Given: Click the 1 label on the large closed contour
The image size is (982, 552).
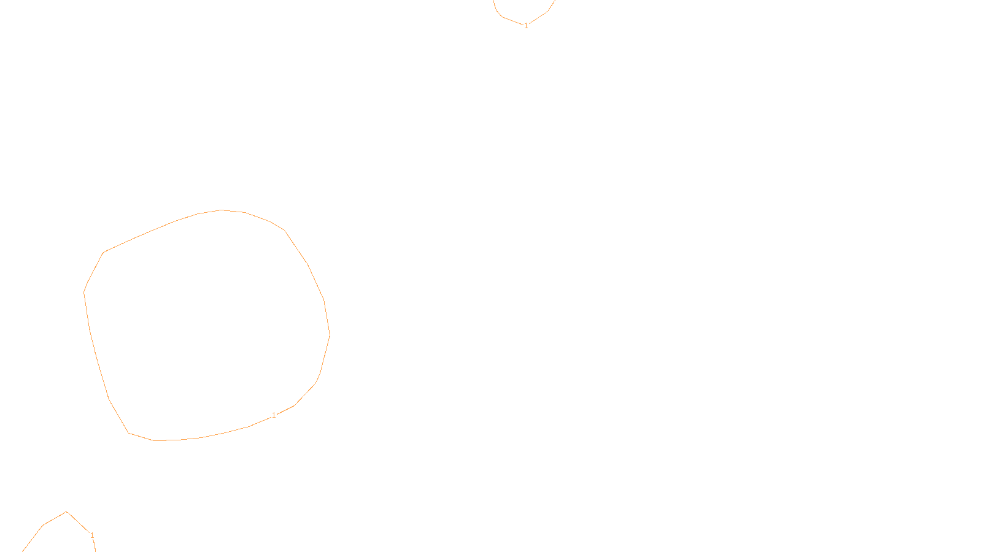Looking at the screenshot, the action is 274,415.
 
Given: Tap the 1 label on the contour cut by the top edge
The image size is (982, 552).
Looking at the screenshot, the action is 526,26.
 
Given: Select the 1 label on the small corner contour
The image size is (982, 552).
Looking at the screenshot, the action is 92,535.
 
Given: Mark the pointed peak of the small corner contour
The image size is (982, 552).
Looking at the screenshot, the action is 66,512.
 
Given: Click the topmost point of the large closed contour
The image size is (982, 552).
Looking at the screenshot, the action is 222,210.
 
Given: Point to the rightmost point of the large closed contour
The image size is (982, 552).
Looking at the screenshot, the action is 330,335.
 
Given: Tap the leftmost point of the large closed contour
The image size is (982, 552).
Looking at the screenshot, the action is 84,293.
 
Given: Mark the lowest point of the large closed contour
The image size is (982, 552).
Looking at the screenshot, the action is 155,440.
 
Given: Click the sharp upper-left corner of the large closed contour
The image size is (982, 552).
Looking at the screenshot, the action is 104,252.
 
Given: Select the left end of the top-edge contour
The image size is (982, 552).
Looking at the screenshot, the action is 493,1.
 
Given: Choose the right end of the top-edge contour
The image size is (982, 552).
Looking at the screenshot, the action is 554,1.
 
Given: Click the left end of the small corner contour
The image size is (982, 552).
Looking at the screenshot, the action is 23,551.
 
